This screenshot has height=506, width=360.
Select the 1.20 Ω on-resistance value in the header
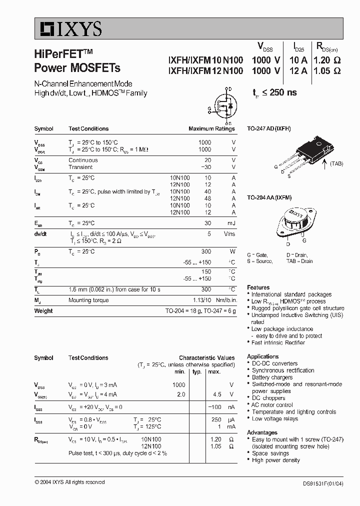click(x=326, y=59)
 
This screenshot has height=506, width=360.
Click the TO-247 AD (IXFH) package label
click(x=268, y=128)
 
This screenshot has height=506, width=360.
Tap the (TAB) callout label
click(x=336, y=163)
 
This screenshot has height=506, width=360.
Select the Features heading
click(x=258, y=287)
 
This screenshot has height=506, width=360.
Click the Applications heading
click(x=262, y=356)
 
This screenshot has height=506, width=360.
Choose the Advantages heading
click(x=262, y=432)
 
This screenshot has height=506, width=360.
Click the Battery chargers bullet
click(x=272, y=377)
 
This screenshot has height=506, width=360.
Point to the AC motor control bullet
click(x=272, y=405)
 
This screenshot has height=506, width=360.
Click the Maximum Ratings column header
click(x=211, y=129)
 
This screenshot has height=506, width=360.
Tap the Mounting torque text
click(x=88, y=300)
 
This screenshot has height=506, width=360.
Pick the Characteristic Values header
click(x=206, y=358)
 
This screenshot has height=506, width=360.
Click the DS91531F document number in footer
click(x=322, y=483)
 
